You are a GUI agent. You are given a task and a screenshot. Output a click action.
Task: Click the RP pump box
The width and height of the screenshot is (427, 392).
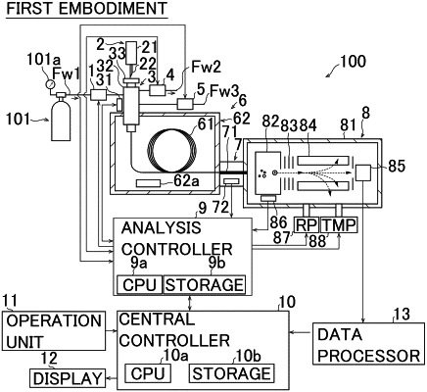[x=307, y=224]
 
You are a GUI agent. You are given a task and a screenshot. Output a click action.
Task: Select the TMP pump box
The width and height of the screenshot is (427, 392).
[x=339, y=224]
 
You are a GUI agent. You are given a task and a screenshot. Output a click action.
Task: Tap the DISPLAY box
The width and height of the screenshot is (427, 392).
[x=68, y=378]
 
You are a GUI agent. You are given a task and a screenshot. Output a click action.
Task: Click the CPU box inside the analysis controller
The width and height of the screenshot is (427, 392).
[x=139, y=284]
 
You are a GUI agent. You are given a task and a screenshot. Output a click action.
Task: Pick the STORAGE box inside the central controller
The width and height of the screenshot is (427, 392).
[x=231, y=373]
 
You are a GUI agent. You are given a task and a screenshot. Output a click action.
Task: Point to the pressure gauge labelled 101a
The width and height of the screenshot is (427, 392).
[x=50, y=84]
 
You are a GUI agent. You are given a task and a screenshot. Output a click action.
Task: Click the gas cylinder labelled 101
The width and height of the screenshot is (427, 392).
[x=61, y=118]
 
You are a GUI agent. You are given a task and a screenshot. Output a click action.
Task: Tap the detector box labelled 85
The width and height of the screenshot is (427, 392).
[x=362, y=172]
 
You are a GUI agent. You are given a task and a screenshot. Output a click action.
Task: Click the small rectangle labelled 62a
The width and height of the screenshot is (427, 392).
[x=149, y=183]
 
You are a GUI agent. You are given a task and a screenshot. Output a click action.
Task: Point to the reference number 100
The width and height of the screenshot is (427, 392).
[x=353, y=62]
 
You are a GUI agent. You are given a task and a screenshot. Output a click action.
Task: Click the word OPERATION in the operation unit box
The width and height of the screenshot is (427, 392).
[x=54, y=321]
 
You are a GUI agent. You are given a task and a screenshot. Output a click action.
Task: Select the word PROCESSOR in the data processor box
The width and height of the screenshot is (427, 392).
[x=369, y=356]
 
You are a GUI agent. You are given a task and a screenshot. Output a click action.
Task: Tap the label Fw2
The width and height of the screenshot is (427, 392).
[x=206, y=67]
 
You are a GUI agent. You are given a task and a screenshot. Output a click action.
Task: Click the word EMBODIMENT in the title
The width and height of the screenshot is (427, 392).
[x=113, y=9]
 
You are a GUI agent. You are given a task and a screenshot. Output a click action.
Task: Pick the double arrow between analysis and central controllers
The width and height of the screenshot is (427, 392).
[x=191, y=304]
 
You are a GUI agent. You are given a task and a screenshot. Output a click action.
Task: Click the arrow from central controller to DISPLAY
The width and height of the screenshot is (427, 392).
[x=112, y=378]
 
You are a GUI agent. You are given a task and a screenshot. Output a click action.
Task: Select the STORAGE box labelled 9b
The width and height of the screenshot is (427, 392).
[x=205, y=284]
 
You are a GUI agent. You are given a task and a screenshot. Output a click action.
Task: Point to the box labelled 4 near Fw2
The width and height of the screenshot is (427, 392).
[x=158, y=90]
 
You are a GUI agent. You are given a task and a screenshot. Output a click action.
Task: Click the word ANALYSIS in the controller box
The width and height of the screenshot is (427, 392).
[x=161, y=227]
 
